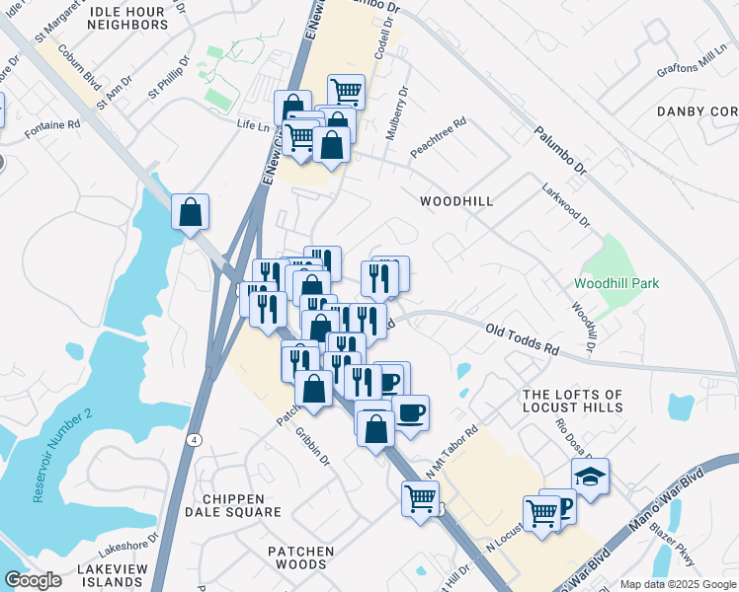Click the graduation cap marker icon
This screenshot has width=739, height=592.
(590, 478)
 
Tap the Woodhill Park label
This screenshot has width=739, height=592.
(616, 284)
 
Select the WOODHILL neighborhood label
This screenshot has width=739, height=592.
(455, 200)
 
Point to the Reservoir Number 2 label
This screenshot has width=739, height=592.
(61, 453)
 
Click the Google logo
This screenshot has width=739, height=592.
(33, 580)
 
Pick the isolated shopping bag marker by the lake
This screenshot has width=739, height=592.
(190, 211)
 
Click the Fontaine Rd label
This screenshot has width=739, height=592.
(53, 125)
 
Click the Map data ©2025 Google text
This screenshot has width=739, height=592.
(677, 584)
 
